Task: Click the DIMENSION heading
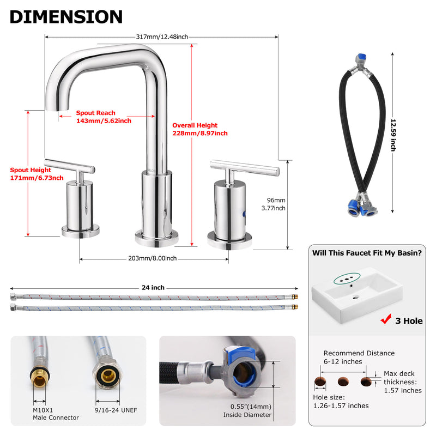(x=66, y=17)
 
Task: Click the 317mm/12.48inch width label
(x=162, y=37)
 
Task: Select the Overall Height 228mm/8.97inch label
(x=200, y=129)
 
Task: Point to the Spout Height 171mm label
(x=37, y=174)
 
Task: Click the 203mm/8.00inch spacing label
(x=153, y=258)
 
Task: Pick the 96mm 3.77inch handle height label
(x=274, y=204)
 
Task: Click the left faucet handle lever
(x=70, y=165)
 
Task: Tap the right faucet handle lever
(x=245, y=167)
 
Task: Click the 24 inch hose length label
(x=153, y=288)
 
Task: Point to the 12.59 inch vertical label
(x=393, y=135)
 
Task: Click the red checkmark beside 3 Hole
(x=386, y=319)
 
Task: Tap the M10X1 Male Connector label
(x=56, y=414)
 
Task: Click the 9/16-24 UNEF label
(x=116, y=410)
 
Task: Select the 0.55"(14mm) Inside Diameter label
(x=247, y=411)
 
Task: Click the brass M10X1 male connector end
(x=39, y=378)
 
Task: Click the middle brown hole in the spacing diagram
(x=343, y=381)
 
